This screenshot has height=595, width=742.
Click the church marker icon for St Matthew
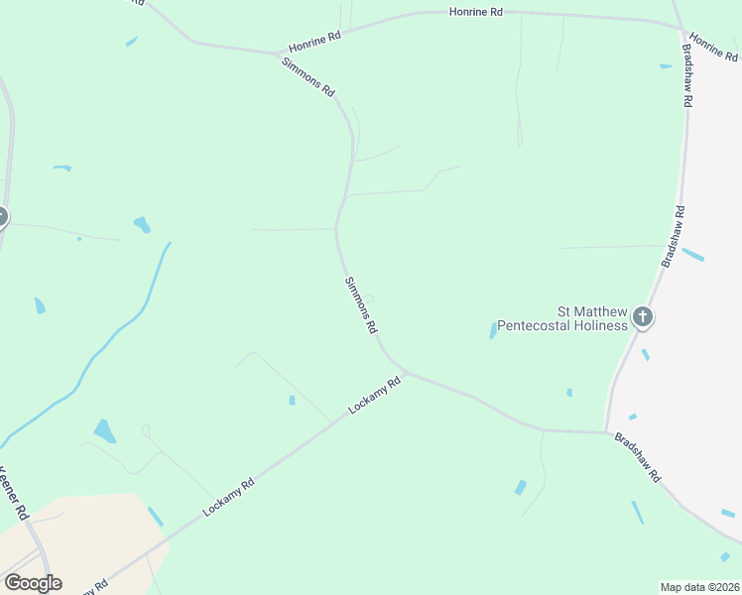[643, 317]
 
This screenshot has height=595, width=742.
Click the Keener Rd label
[13, 493]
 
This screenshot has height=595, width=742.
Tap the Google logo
[33, 583]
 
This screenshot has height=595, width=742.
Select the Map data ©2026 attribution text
[699, 587]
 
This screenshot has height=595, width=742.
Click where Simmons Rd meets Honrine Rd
[278, 54]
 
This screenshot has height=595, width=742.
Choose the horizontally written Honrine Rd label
[476, 12]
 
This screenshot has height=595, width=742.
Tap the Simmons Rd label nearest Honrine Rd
[308, 75]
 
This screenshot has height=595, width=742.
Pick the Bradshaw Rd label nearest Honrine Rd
[686, 74]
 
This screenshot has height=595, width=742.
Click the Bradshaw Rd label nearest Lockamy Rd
[637, 456]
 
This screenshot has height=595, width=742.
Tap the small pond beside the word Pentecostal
[493, 329]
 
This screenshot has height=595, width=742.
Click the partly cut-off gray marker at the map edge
[3, 217]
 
